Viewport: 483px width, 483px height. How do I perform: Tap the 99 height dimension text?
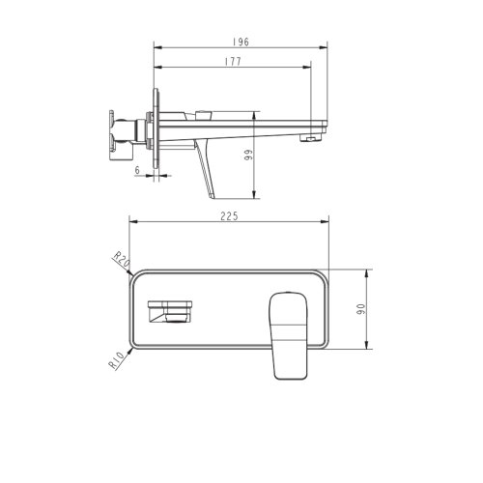pyautogui.click(x=248, y=157)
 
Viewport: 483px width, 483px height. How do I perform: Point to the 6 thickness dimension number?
pyautogui.click(x=139, y=169)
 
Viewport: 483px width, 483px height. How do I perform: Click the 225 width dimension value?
pyautogui.click(x=229, y=218)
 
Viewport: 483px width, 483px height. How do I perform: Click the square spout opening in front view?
pyautogui.click(x=171, y=312)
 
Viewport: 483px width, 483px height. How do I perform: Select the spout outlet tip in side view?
pyautogui.click(x=309, y=139)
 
